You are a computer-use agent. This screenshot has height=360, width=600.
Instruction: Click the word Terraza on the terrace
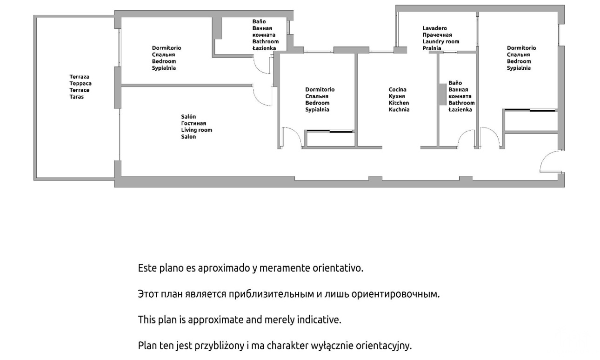tap(79, 77)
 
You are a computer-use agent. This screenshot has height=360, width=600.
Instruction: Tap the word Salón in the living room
tap(188, 117)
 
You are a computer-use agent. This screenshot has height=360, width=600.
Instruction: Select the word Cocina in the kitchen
tap(398, 89)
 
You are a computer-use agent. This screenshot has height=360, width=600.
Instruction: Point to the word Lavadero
tap(435, 28)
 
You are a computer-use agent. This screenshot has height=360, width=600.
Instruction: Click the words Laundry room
tap(441, 41)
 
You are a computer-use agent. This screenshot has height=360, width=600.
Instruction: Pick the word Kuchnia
tap(399, 110)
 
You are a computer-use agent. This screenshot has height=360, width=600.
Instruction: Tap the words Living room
tap(197, 130)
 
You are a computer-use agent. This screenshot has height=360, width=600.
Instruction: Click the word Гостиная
tap(193, 123)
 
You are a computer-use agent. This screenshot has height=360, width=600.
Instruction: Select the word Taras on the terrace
tap(77, 97)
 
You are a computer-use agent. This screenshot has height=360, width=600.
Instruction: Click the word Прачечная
tap(437, 35)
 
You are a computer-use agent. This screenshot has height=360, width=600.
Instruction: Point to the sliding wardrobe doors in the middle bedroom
tap(329, 131)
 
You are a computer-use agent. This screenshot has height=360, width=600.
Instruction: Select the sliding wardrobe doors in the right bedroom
tap(530, 110)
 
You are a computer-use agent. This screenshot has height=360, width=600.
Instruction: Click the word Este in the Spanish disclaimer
tap(147, 268)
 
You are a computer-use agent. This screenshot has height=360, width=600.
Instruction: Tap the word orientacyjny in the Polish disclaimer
tap(384, 346)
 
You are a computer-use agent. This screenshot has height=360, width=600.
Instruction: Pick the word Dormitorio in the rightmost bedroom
tap(521, 48)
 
